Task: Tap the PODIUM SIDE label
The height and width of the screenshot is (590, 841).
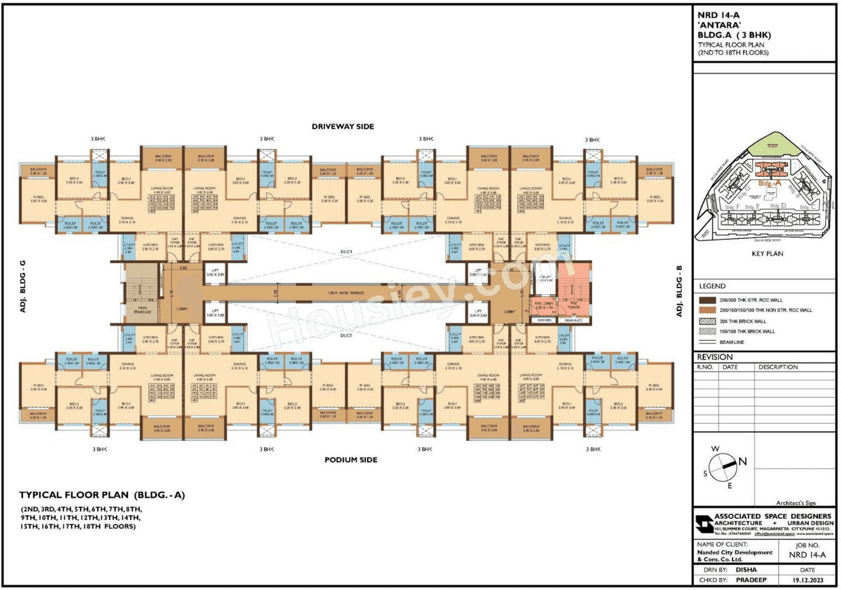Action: click(351, 460)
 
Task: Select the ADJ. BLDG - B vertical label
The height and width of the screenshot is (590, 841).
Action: click(680, 291)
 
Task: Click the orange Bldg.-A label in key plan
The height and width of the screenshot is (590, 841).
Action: click(769, 184)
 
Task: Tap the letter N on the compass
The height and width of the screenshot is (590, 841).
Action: click(742, 461)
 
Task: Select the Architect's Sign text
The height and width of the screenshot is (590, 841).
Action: click(796, 502)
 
